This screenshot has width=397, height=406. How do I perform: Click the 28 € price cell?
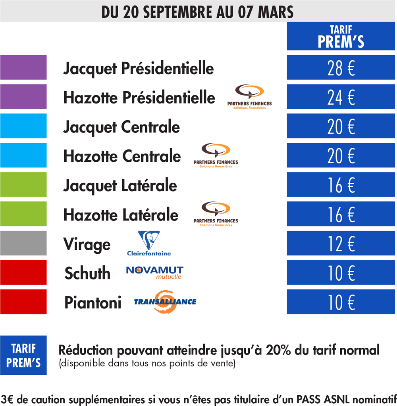[x=341, y=67]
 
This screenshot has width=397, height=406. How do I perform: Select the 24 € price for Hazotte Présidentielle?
[x=341, y=97]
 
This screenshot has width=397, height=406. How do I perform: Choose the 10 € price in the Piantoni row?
[x=341, y=302]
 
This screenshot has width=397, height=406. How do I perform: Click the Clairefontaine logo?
[x=149, y=243]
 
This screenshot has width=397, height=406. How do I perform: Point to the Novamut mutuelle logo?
[x=154, y=272]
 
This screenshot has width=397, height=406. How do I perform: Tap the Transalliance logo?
[x=165, y=302]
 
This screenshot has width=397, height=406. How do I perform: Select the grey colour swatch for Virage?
[x=23, y=243]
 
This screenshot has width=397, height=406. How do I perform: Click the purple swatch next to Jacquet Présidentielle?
[x=23, y=67]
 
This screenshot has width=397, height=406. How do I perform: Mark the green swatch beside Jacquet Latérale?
[x=23, y=184]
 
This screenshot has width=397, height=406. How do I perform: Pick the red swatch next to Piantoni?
[x=23, y=302]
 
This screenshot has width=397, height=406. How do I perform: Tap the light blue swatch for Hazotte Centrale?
[x=23, y=155]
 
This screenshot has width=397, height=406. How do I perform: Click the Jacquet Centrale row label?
[x=121, y=127]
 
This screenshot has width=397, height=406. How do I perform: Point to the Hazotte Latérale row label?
[x=121, y=215]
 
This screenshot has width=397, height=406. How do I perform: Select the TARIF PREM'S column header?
[x=341, y=36]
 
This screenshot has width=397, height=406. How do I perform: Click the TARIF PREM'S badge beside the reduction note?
[x=23, y=355]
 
